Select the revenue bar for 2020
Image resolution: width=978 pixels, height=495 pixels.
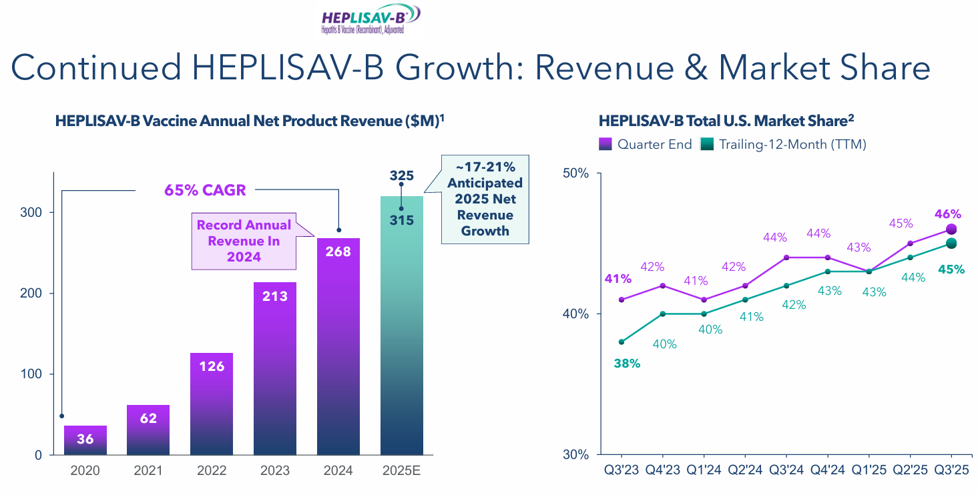click(85, 440)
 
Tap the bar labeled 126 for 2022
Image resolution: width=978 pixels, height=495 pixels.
click(211, 404)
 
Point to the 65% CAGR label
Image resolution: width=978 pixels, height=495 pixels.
click(205, 190)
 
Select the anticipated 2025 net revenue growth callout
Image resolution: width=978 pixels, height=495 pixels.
click(485, 198)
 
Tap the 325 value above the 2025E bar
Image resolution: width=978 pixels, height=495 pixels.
click(402, 176)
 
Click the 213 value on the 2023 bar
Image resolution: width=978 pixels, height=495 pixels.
click(274, 296)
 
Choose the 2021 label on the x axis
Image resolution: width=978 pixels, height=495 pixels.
click(148, 471)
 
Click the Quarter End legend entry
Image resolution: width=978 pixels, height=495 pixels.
click(646, 144)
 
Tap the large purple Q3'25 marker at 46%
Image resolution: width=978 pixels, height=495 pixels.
click(951, 229)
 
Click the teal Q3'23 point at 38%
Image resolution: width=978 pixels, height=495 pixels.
click(622, 342)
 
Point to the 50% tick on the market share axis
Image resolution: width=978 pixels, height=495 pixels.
click(576, 173)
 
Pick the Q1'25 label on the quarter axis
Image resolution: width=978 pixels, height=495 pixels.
click(869, 471)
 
